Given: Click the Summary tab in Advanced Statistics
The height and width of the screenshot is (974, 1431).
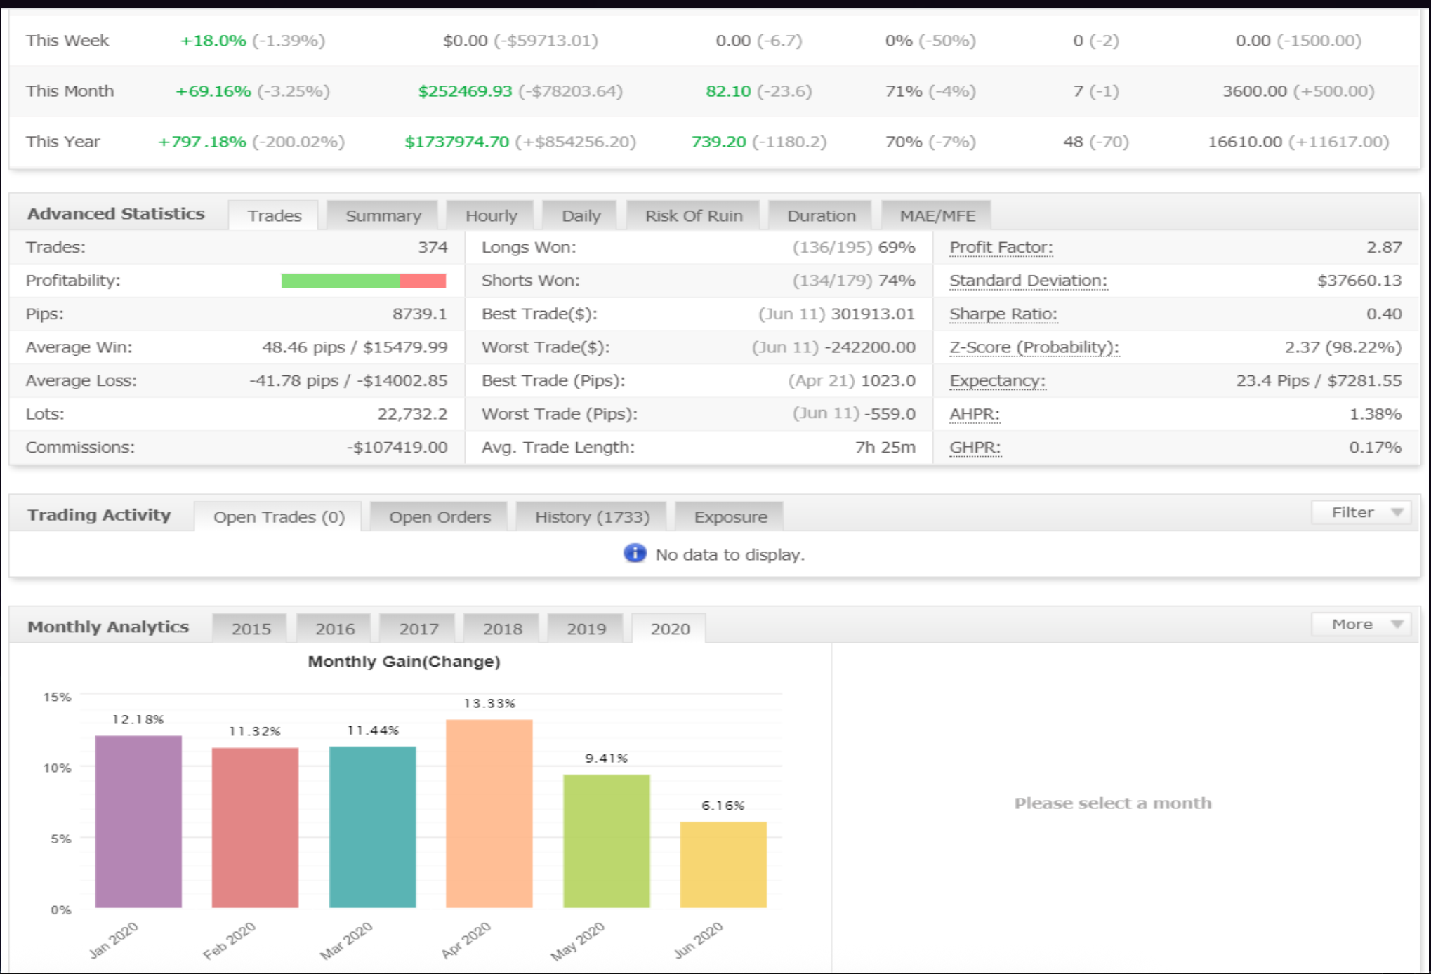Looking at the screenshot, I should (383, 215).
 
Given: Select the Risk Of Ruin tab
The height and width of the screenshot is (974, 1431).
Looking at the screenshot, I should (693, 215).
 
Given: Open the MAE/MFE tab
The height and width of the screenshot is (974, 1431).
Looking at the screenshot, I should (937, 215).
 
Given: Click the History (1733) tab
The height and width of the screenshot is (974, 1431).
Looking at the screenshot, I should (592, 517).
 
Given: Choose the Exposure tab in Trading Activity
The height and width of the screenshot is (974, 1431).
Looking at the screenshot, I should (730, 517).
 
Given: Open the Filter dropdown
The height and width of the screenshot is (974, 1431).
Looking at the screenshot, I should (1361, 512).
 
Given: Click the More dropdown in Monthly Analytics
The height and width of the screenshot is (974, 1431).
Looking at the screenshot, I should (1361, 625).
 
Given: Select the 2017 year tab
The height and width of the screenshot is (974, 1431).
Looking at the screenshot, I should (418, 629).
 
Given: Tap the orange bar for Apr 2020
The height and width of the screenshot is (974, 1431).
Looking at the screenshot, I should (489, 814).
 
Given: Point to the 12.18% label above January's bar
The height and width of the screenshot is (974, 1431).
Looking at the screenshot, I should (138, 719).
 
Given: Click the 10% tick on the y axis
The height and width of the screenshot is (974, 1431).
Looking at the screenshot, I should (58, 768).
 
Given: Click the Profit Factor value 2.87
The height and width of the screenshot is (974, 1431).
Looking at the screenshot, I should (1383, 247).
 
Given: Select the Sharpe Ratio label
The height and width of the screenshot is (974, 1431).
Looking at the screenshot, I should (1003, 314).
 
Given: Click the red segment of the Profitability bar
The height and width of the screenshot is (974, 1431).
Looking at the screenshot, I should (423, 281).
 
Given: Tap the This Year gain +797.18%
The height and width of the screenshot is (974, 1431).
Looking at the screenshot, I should (202, 142).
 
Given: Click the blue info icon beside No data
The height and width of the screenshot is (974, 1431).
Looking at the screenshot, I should (635, 554).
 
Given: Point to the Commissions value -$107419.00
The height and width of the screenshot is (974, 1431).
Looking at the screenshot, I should (397, 447).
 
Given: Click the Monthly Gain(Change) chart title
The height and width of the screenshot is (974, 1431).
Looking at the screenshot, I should (404, 661).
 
